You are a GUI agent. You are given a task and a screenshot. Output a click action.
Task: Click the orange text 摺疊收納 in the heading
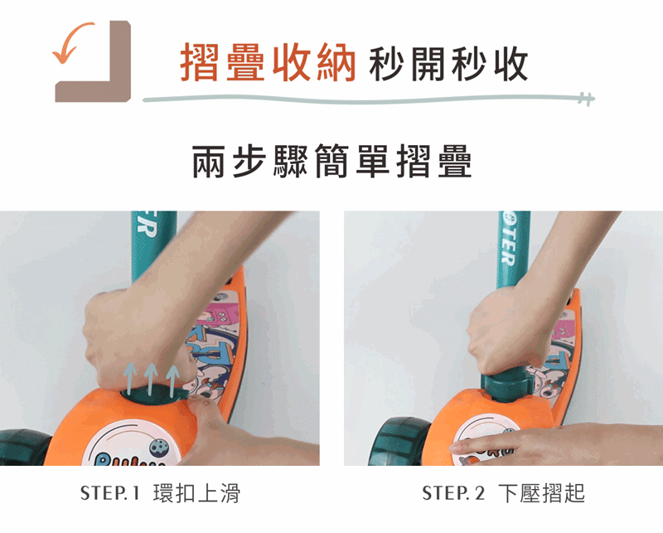tap(268, 64)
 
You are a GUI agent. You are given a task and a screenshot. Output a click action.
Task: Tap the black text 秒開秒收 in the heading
tap(448, 64)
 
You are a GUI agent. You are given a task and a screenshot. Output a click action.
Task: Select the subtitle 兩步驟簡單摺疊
tap(331, 161)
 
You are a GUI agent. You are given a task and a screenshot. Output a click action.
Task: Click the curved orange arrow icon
tap(72, 41)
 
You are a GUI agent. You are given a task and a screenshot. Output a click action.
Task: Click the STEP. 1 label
tap(109, 493)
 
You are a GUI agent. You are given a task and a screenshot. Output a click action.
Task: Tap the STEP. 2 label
tap(453, 493)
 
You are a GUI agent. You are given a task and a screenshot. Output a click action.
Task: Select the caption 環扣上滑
tap(196, 493)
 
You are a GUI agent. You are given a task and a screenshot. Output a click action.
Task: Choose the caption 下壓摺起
tap(542, 493)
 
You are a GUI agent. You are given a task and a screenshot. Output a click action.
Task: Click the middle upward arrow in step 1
tap(151, 379)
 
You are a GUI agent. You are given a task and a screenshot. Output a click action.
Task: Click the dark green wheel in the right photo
tap(400, 441)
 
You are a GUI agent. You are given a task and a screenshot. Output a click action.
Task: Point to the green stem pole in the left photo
tap(153, 246)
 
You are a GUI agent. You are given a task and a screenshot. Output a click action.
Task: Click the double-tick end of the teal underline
tap(588, 99)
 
